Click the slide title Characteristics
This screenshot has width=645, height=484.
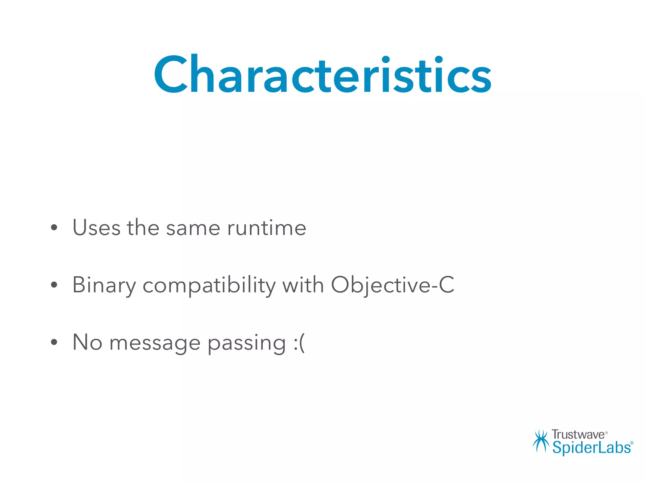pos(322,75)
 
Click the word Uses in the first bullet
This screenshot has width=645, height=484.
pos(96,228)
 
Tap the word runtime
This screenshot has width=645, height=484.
pos(266,228)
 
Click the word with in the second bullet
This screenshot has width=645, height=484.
pos(303,285)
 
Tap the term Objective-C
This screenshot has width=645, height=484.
pos(392,285)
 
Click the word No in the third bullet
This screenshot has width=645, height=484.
pos(87,342)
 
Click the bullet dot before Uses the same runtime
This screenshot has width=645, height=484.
pos(54,228)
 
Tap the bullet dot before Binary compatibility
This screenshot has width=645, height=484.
pos(54,285)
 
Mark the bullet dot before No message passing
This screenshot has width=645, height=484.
pos(54,343)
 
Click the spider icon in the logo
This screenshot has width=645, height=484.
pos(541,441)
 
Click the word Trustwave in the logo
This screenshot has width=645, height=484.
pos(578,435)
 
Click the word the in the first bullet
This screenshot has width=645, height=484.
pos(143,228)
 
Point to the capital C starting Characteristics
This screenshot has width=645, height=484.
pos(170,75)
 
